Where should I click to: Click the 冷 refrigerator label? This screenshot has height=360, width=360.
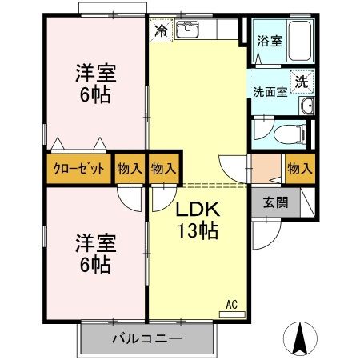click(161, 32)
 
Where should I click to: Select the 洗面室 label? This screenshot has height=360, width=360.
click(270, 91)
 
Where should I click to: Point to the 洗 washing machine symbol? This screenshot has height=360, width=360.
click(301, 81)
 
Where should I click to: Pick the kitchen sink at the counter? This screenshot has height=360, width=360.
click(189, 31)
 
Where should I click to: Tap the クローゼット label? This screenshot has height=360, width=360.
click(77, 169)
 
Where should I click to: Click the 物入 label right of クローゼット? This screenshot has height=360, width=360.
click(130, 169)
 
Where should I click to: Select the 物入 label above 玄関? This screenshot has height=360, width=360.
click(299, 169)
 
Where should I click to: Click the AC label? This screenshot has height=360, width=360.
click(231, 303)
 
